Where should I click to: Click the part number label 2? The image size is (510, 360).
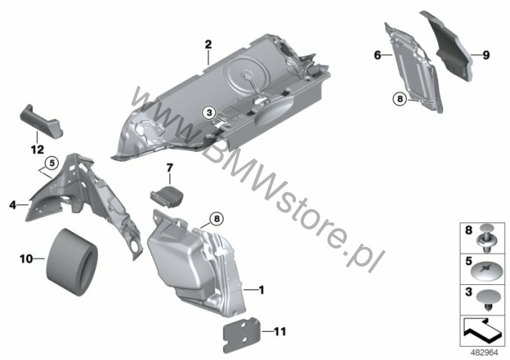pyautogui.click(x=208, y=45)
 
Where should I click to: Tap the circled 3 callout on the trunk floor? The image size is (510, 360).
pyautogui.click(x=209, y=113)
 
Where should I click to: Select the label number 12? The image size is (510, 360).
pyautogui.click(x=37, y=150)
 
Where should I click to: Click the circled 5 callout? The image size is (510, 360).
pyautogui.click(x=52, y=163)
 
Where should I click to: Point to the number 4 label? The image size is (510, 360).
pyautogui.click(x=13, y=205)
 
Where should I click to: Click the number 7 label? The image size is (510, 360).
pyautogui.click(x=170, y=168)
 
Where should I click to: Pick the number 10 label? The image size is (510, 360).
pyautogui.click(x=26, y=259)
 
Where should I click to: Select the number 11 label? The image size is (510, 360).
pyautogui.click(x=280, y=332)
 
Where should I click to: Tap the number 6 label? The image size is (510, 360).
pyautogui.click(x=378, y=55)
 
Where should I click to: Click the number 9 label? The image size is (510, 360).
pyautogui.click(x=486, y=55)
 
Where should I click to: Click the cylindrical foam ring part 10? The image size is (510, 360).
pyautogui.click(x=71, y=263)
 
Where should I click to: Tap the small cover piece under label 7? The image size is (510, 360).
pyautogui.click(x=167, y=196)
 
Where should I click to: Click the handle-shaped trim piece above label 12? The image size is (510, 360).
pyautogui.click(x=42, y=122)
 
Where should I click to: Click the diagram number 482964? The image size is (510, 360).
pyautogui.click(x=484, y=353)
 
